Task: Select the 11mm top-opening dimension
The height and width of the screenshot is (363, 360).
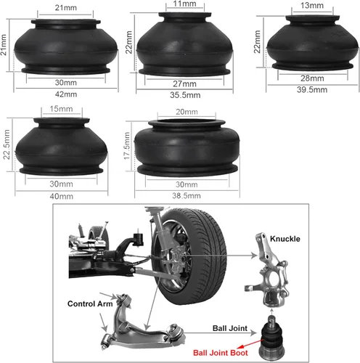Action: (184, 4)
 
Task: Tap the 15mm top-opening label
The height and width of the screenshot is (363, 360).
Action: (60, 110)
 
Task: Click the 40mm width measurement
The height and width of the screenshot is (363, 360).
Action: (60, 197)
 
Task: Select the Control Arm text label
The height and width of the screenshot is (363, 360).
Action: (88, 303)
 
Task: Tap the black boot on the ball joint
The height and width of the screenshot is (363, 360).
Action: (274, 340)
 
